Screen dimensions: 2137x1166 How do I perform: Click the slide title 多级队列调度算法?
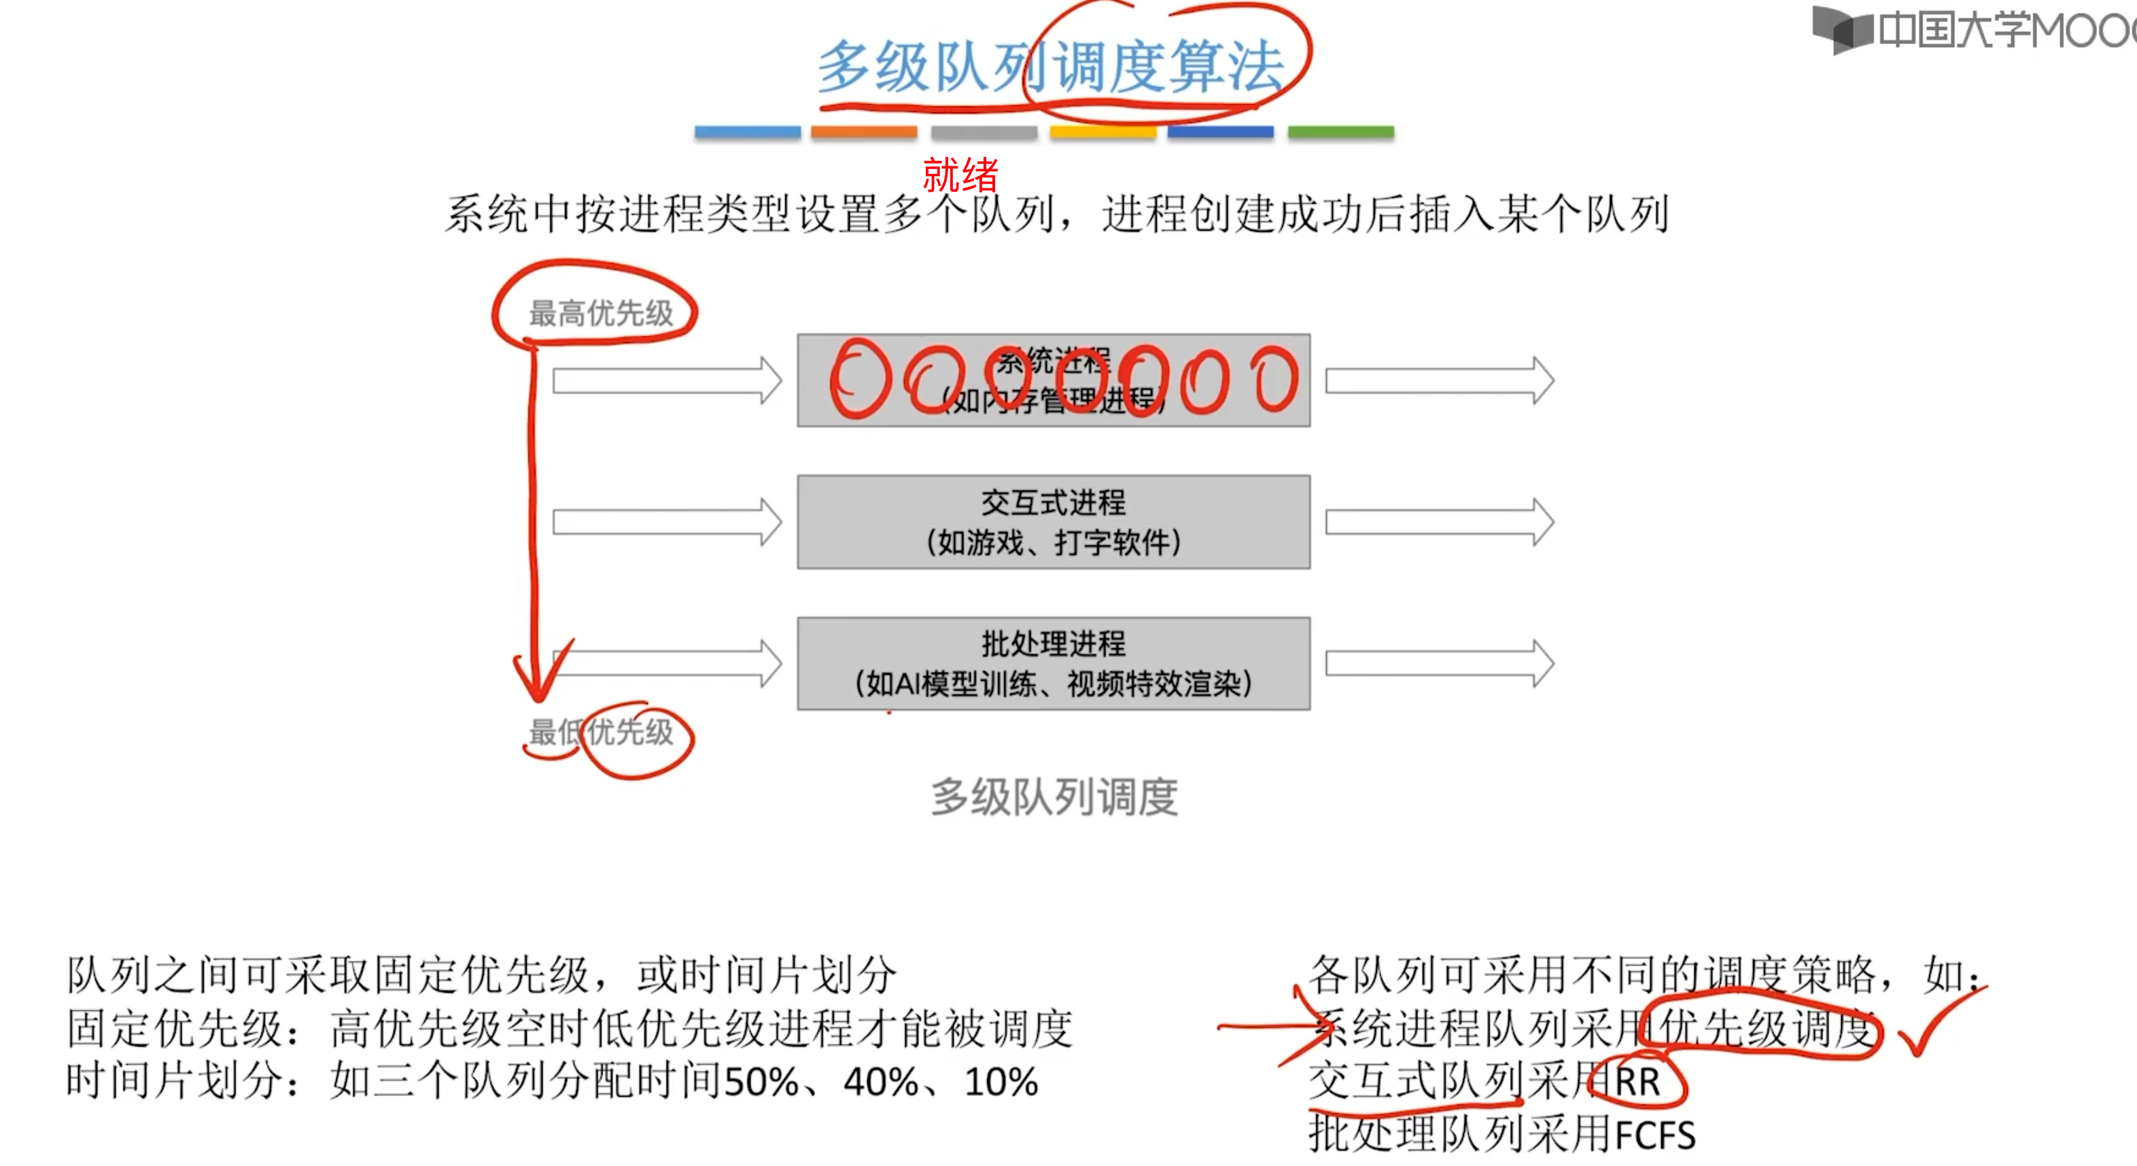(x=1050, y=67)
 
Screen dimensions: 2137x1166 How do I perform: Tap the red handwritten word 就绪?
(x=960, y=174)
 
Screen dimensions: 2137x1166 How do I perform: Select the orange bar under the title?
(x=864, y=132)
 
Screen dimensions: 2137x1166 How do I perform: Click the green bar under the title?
(x=1340, y=132)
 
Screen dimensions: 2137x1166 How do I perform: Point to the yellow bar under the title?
(x=1102, y=132)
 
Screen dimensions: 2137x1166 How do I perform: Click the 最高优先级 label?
(x=601, y=313)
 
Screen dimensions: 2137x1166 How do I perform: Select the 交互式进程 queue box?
(x=1053, y=522)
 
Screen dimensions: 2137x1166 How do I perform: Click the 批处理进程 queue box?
(x=1053, y=663)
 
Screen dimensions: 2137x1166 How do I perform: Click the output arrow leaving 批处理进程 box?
(x=1440, y=663)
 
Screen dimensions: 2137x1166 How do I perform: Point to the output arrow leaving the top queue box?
(x=1440, y=381)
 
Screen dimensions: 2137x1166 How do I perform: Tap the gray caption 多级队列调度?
(x=1054, y=797)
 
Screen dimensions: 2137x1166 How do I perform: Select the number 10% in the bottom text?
(x=1001, y=1082)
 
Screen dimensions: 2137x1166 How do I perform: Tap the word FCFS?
(x=1655, y=1135)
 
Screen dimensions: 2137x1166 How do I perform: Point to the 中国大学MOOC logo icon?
(x=1842, y=30)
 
